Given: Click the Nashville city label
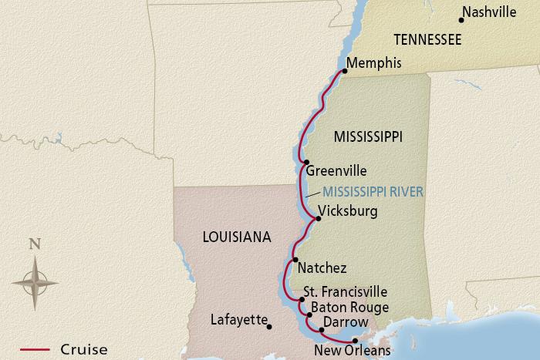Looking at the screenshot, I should pyautogui.click(x=494, y=12).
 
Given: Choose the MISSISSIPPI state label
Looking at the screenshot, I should pyautogui.click(x=369, y=136).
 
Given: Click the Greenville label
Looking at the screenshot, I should pyautogui.click(x=336, y=171).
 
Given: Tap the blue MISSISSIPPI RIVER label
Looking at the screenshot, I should pyautogui.click(x=373, y=191).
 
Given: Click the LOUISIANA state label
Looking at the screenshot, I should pyautogui.click(x=236, y=237).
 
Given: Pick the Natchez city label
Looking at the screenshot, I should pyautogui.click(x=322, y=267).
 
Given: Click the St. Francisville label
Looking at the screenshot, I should pyautogui.click(x=346, y=292).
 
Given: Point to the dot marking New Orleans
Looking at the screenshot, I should pyautogui.click(x=355, y=341).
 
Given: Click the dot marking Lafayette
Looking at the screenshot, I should pyautogui.click(x=269, y=327).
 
